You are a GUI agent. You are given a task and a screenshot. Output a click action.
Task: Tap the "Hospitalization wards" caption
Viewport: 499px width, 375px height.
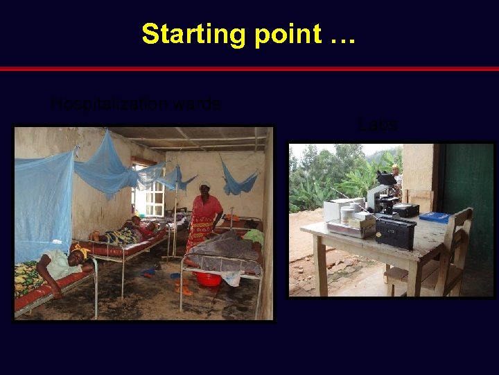(137, 105)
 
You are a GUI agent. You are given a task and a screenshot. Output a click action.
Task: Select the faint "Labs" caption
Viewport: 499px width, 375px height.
(378, 125)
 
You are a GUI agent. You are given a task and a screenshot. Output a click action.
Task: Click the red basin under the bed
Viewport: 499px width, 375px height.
(208, 278)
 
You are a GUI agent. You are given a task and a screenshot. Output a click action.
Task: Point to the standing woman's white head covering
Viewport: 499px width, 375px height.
(204, 185)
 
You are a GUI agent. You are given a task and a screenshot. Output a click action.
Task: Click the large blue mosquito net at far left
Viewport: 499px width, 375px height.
(43, 201)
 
